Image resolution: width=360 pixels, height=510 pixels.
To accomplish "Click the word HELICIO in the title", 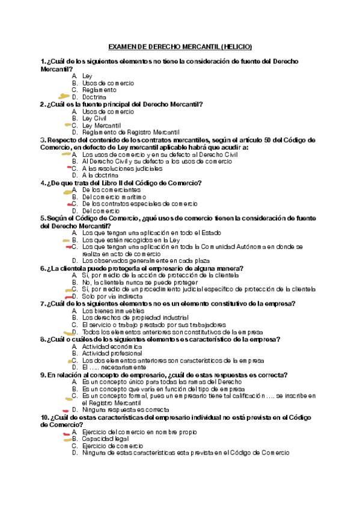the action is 236,46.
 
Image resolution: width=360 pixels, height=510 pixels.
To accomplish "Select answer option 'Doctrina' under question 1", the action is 94,97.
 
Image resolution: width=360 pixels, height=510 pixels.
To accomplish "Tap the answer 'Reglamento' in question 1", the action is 99,90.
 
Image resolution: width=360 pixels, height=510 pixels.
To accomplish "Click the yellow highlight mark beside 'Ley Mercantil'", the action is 67,125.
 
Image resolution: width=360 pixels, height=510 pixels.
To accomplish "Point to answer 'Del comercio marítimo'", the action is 114,197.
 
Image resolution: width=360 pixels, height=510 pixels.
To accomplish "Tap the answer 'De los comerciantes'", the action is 112,189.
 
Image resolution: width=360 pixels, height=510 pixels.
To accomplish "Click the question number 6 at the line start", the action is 42,268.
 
